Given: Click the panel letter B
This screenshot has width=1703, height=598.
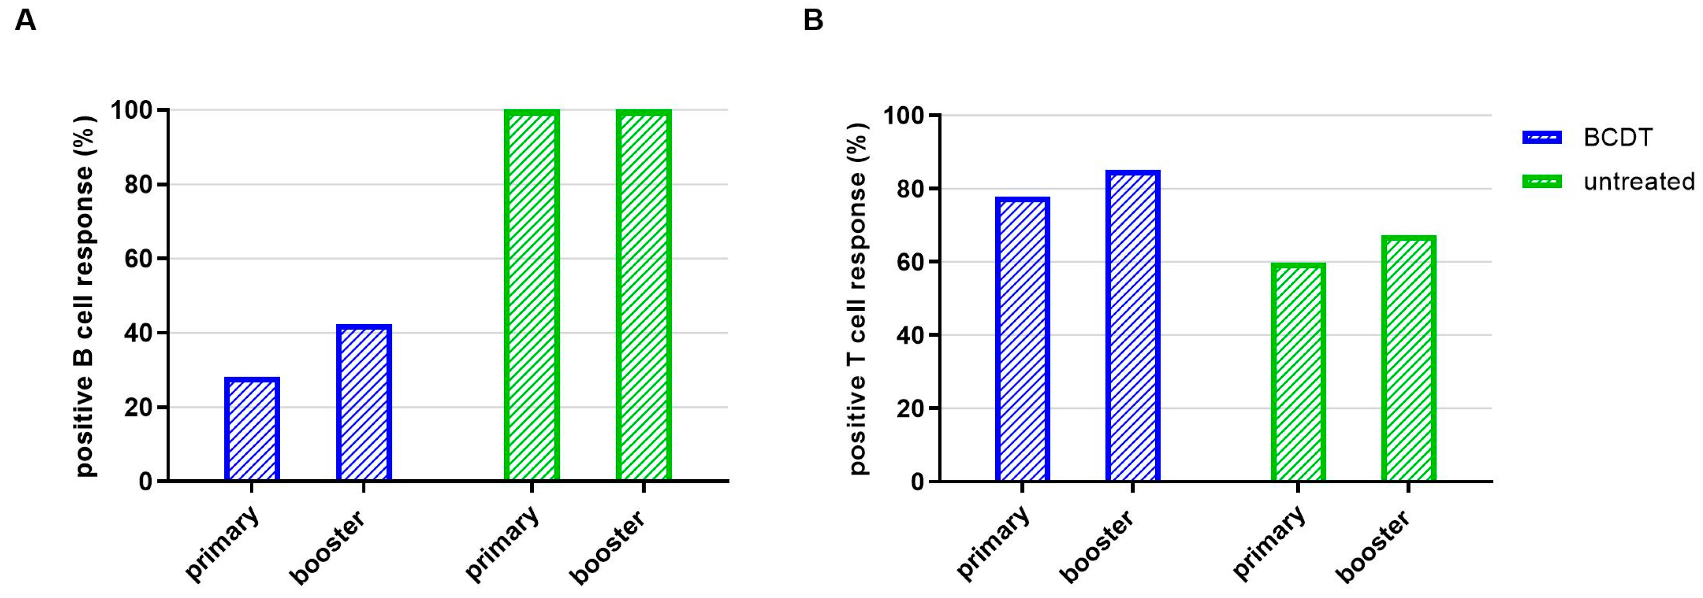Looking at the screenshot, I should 813,20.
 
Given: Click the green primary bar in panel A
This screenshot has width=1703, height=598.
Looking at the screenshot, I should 531,295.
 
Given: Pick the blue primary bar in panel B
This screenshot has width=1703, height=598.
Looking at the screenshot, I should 1022,339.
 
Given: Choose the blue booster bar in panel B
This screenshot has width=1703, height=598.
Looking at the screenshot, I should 1133,326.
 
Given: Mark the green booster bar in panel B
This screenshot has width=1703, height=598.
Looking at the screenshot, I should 1408,358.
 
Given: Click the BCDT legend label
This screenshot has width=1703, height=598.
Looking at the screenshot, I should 1618,138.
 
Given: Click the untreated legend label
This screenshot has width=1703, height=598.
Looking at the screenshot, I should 1639,181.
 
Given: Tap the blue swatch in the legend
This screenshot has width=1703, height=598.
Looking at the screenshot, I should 1541,138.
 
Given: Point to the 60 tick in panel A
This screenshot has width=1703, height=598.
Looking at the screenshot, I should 139,259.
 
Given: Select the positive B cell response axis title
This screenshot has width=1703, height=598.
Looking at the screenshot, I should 85,296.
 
